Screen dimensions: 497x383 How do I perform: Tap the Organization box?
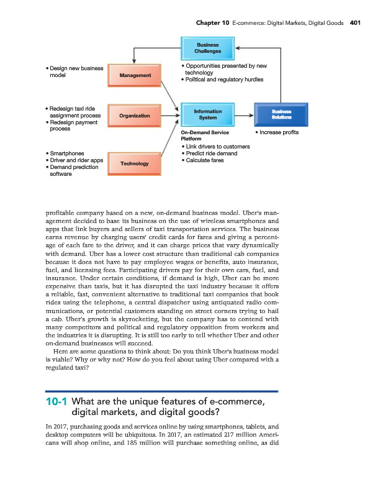click(135, 116)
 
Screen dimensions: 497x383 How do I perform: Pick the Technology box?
click(135, 163)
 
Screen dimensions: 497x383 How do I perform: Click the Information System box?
click(207, 114)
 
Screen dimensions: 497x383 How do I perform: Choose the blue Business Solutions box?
click(281, 114)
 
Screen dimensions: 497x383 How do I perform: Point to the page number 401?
click(354, 22)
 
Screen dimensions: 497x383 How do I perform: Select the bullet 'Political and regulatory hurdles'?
click(223, 80)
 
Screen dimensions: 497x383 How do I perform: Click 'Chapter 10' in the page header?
click(212, 22)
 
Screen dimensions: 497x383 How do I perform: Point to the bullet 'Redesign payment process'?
click(71, 125)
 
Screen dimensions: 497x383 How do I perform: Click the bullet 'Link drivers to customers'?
click(216, 147)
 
